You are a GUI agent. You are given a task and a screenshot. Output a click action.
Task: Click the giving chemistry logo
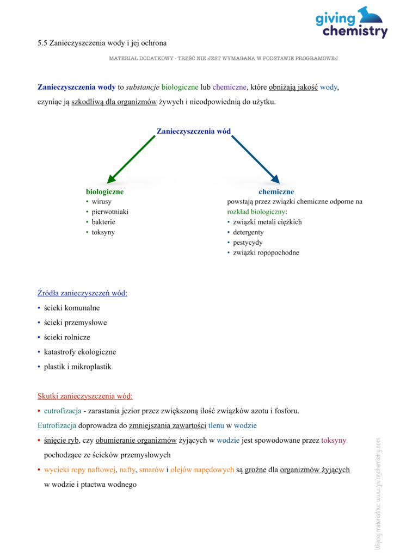point(351,23)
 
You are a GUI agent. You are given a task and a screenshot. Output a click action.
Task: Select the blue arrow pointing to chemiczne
point(255,159)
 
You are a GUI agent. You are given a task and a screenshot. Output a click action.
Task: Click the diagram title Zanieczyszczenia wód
point(193,131)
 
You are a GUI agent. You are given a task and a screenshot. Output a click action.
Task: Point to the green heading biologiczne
point(104,192)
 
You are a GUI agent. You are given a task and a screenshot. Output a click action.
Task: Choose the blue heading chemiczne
point(276,192)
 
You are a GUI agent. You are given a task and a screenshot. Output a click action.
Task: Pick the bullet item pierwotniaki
point(110,212)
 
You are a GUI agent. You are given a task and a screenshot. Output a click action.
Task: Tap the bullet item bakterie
point(103,222)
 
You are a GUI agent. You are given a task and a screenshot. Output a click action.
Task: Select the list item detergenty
point(248,232)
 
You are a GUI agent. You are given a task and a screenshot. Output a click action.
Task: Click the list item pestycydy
point(248,243)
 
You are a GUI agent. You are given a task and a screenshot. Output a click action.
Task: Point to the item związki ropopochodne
point(266,253)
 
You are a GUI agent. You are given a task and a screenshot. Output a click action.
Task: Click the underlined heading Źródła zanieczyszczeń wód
point(82,293)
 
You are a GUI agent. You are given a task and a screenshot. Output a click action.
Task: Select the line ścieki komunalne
point(72,308)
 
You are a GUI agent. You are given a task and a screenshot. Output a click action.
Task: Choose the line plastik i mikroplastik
point(77,367)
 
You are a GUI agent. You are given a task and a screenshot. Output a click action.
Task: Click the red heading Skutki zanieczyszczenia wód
point(85,396)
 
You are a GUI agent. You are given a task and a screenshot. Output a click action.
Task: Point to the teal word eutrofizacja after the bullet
point(63,411)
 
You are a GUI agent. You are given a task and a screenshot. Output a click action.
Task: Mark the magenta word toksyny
point(334,440)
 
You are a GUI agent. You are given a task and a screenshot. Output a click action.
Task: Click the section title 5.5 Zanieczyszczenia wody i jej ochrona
point(102,42)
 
